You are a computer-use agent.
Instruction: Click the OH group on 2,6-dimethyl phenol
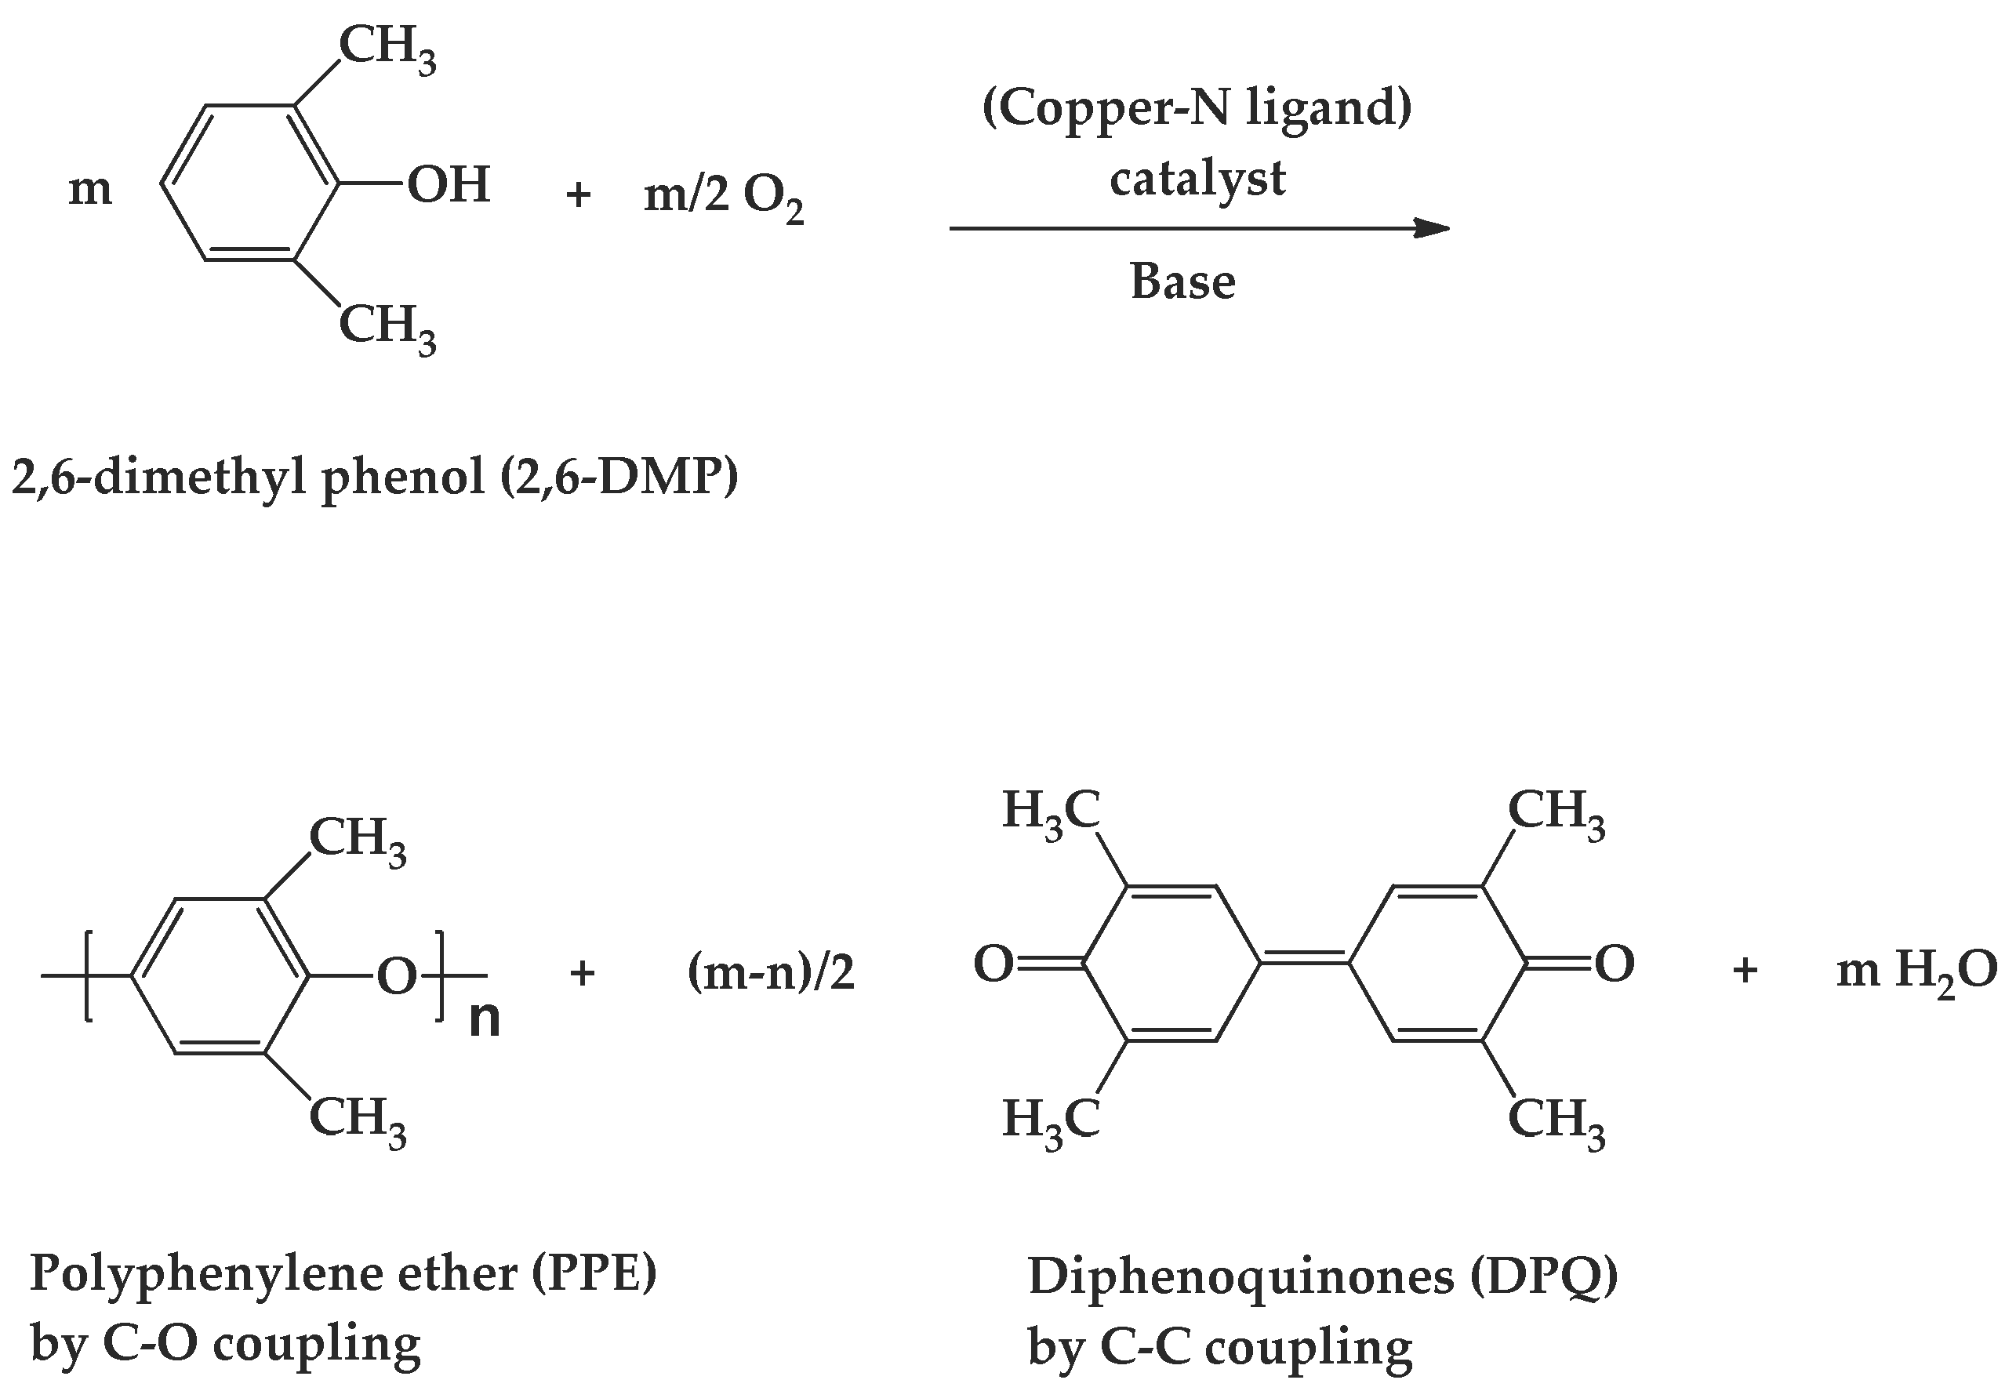click(x=448, y=185)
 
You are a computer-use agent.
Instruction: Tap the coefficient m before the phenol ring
click(x=90, y=189)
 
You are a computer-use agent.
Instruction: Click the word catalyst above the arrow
click(x=1197, y=179)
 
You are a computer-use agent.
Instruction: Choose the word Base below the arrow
click(x=1182, y=282)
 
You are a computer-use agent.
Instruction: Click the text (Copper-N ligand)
click(x=1197, y=109)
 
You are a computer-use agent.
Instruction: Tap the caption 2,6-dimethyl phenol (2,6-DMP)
click(x=375, y=478)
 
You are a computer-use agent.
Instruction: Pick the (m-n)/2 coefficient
click(x=771, y=973)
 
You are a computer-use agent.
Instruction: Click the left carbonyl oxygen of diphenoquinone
click(x=993, y=964)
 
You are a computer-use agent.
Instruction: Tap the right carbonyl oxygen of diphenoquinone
click(x=1614, y=964)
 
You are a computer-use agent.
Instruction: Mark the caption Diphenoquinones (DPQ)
click(x=1322, y=1276)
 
